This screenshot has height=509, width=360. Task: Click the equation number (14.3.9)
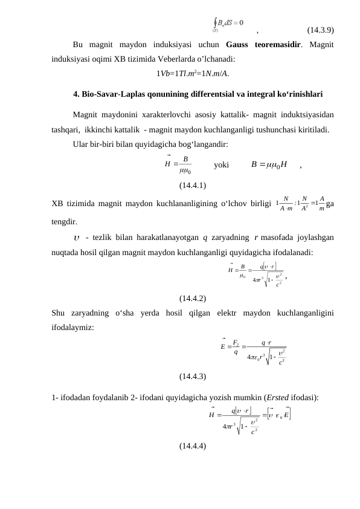point(321,30)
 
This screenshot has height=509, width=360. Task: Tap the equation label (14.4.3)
point(193,376)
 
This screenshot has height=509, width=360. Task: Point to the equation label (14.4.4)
point(193,446)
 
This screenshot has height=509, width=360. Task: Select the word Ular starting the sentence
point(81,144)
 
